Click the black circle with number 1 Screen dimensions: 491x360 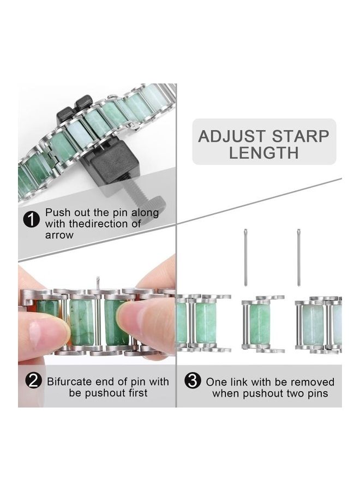[32, 220]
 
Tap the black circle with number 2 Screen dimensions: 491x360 [34, 381]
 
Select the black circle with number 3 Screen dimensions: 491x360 [193, 381]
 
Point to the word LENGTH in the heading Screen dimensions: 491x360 [264, 153]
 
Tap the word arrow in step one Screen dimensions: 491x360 [59, 235]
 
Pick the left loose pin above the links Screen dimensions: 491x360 [245, 256]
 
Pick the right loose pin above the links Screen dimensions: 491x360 [299, 256]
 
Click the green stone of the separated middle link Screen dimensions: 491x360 [260, 323]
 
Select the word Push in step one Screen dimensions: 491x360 [57, 212]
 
